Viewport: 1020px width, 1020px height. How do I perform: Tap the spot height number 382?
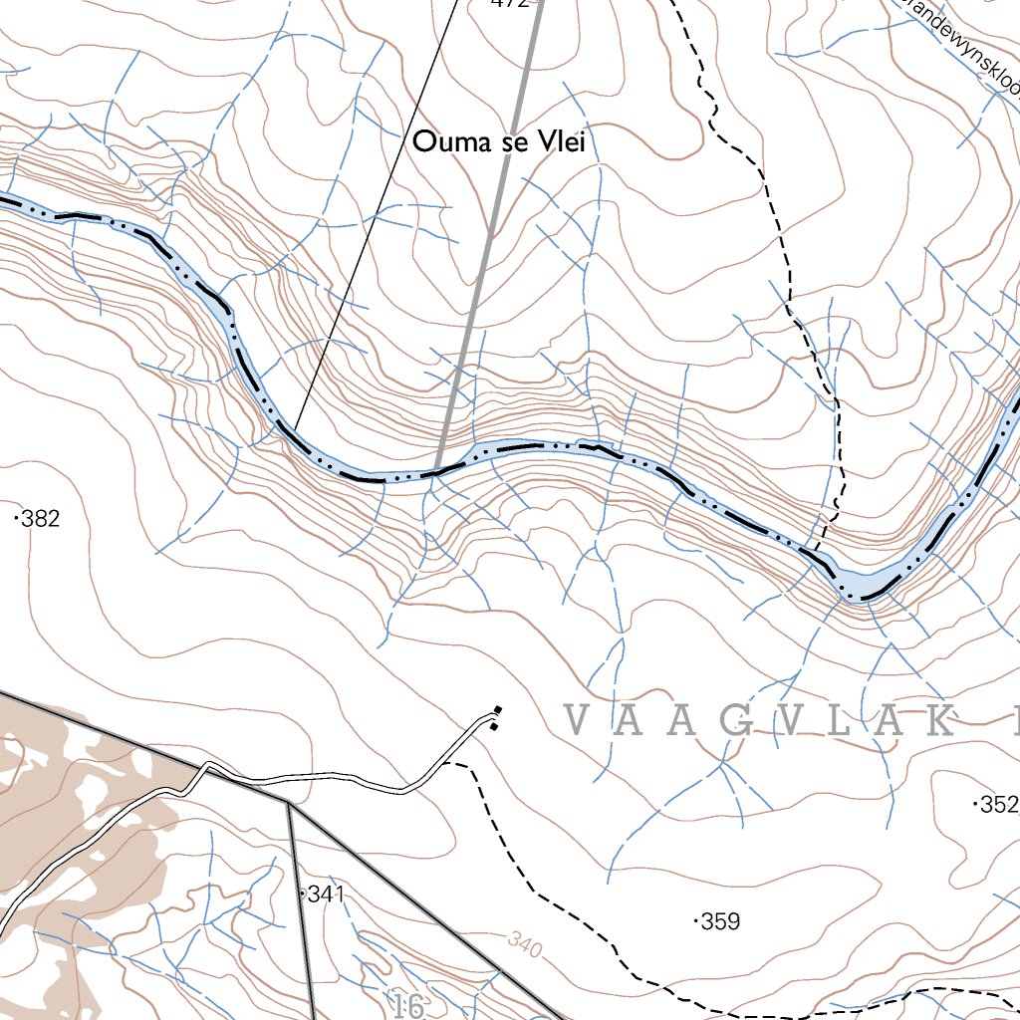coord(40,518)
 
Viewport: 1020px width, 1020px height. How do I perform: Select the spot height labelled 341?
coord(325,894)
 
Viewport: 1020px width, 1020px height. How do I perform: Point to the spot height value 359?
coord(720,921)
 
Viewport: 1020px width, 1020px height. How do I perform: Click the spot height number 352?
coord(998,805)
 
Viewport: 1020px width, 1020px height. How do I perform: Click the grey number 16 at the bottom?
coord(408,1006)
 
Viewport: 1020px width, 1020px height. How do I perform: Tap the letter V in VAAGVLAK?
coord(578,720)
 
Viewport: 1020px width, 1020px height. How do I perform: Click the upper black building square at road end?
coord(499,710)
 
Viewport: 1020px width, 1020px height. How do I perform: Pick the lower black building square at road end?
coord(493,726)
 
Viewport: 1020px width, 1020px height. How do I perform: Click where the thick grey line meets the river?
coord(437,470)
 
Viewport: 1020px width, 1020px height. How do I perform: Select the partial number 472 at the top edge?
coord(508,4)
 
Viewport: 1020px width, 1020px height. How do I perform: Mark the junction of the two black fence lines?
coord(288,803)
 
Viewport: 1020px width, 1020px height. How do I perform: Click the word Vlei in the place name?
coord(560,142)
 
